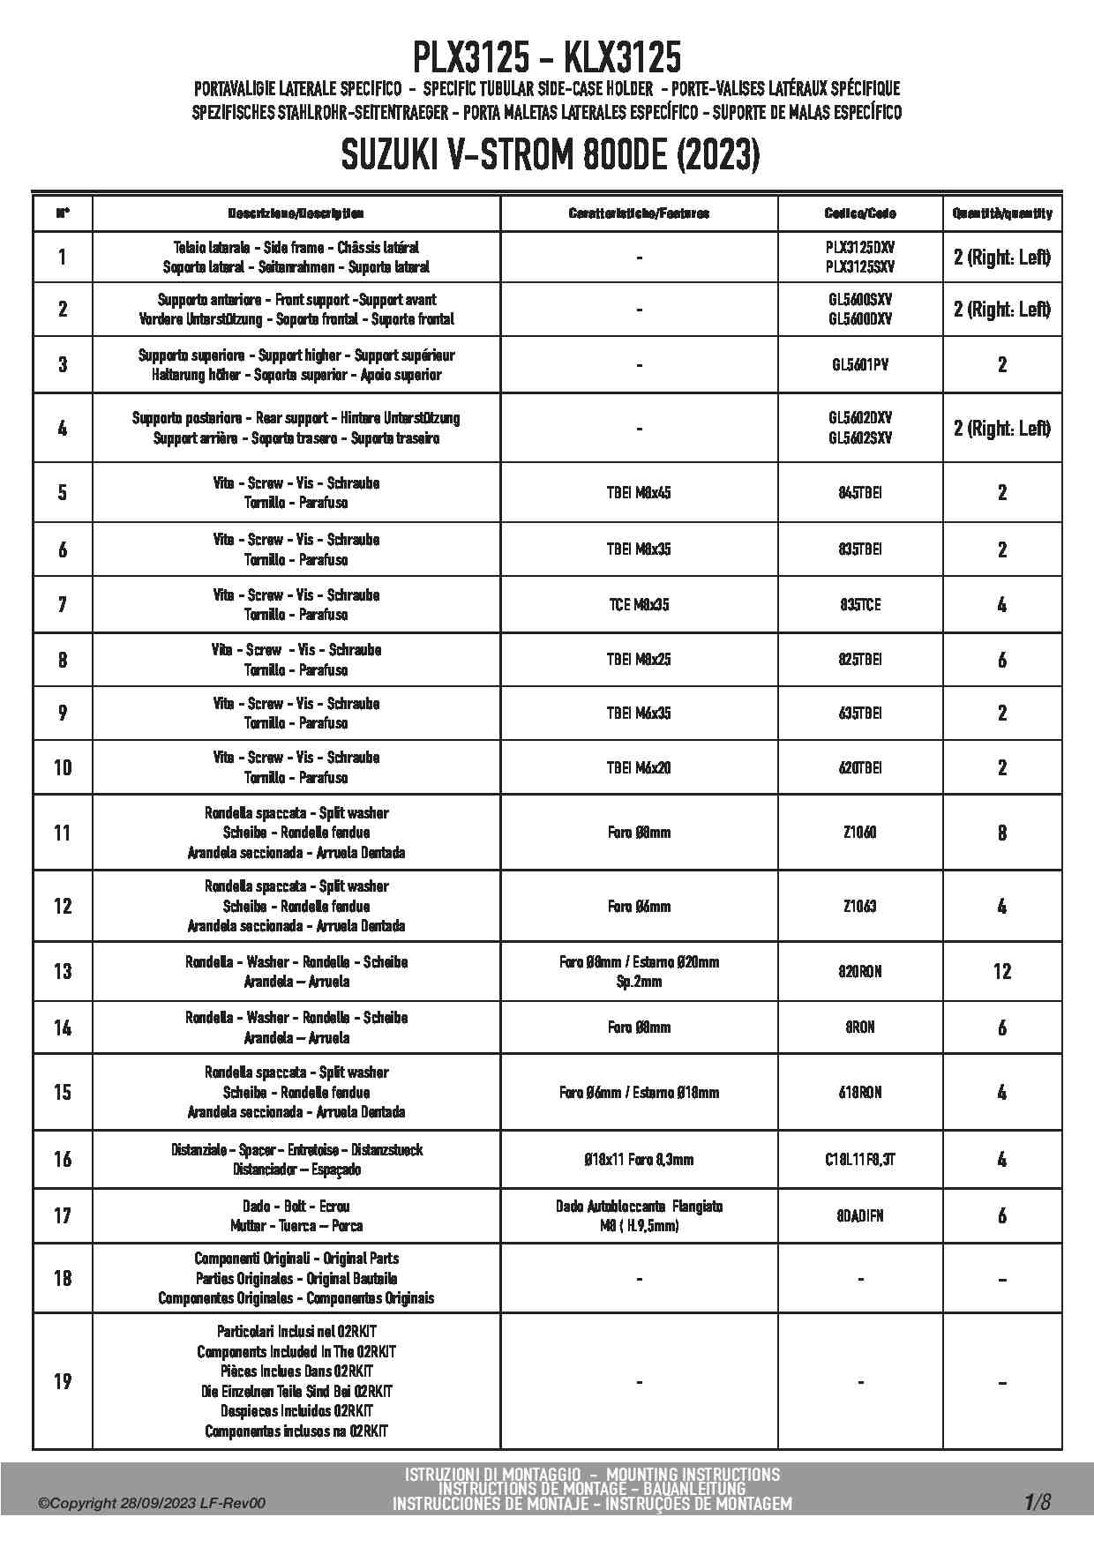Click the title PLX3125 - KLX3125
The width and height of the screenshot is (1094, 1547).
click(x=547, y=58)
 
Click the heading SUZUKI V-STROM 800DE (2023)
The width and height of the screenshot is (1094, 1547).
click(x=547, y=156)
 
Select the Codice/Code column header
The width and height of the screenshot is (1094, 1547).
click(x=859, y=213)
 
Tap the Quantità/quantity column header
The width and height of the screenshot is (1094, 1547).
click(x=1001, y=213)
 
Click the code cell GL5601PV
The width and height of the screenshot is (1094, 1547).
click(x=859, y=364)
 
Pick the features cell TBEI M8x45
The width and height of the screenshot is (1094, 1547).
click(x=639, y=492)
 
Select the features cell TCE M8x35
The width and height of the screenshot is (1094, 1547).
click(x=639, y=604)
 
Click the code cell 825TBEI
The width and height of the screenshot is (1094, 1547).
click(x=859, y=659)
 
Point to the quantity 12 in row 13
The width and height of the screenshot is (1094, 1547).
click(x=1001, y=971)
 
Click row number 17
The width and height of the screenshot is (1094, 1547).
click(x=63, y=1215)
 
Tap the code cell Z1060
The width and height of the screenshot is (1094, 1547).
click(x=859, y=832)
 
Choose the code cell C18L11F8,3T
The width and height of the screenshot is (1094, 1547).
click(x=859, y=1159)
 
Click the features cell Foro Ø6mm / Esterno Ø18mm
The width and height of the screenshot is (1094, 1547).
click(x=639, y=1092)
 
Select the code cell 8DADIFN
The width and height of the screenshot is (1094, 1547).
click(x=859, y=1215)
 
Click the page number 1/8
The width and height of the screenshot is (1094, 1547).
click(x=1038, y=1501)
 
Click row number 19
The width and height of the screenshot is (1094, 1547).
click(x=63, y=1380)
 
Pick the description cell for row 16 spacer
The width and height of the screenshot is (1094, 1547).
click(x=296, y=1159)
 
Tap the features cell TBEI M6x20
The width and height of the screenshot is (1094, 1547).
click(x=639, y=767)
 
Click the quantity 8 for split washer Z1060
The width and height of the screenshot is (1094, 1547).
click(x=1001, y=832)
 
